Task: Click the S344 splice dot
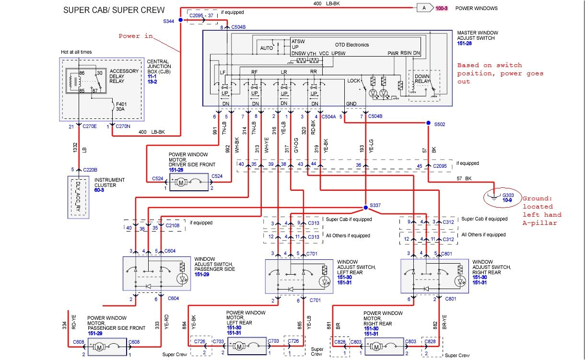[x=180, y=20]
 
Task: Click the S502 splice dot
[x=428, y=123]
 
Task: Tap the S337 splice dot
[x=365, y=207]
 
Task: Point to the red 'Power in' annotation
[x=136, y=36]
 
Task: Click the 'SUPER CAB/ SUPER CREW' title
[x=114, y=10]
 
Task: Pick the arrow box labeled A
[x=424, y=8]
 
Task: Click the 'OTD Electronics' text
[x=352, y=45]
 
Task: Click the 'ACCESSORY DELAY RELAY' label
[x=124, y=76]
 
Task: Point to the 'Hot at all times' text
[x=76, y=52]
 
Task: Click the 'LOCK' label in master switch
[x=353, y=81]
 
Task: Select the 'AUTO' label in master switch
[x=267, y=48]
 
